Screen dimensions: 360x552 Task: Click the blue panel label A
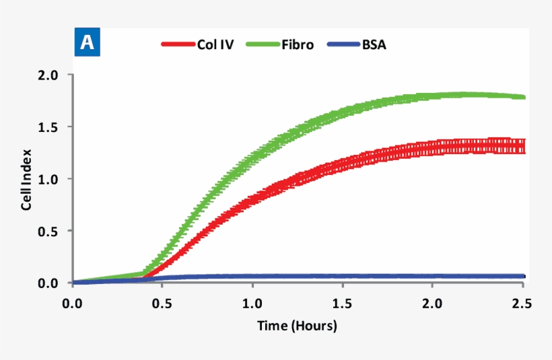[88, 42]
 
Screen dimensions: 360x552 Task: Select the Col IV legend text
[215, 45]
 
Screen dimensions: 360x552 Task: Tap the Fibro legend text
[297, 45]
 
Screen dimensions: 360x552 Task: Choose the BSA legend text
[374, 45]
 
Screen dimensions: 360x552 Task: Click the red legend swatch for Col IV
[176, 45]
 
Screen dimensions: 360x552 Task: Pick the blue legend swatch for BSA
[341, 45]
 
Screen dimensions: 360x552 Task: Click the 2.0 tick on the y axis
[51, 75]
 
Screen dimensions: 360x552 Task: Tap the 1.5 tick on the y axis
[51, 127]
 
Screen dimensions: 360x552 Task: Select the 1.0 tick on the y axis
[51, 179]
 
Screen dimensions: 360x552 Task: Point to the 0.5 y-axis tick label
[51, 231]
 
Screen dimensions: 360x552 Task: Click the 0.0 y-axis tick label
[51, 283]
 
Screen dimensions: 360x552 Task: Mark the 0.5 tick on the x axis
[162, 304]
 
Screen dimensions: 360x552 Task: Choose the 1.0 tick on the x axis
[252, 304]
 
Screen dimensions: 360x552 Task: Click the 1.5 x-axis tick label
[343, 304]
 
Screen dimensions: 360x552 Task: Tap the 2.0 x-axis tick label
[433, 304]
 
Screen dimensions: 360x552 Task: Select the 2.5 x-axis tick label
[522, 304]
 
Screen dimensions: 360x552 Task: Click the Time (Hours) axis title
[297, 326]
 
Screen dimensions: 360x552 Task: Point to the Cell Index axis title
[26, 179]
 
